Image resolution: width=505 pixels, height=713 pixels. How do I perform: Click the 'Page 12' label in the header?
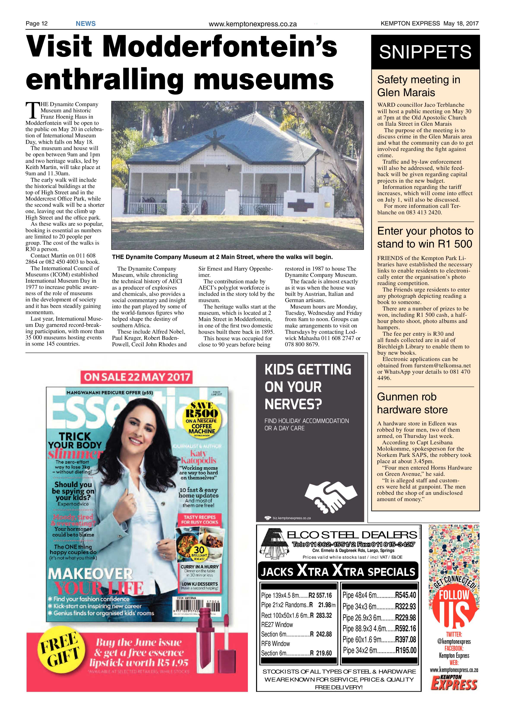tap(36, 24)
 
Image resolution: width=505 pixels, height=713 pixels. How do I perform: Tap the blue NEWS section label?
tap(85, 24)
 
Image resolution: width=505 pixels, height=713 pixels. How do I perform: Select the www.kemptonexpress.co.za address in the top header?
tap(253, 24)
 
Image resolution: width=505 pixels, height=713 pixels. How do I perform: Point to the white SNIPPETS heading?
tap(425, 52)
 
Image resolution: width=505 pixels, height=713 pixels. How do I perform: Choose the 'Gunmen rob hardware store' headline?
tap(412, 403)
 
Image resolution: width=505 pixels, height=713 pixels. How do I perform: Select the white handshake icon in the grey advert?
tap(330, 494)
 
